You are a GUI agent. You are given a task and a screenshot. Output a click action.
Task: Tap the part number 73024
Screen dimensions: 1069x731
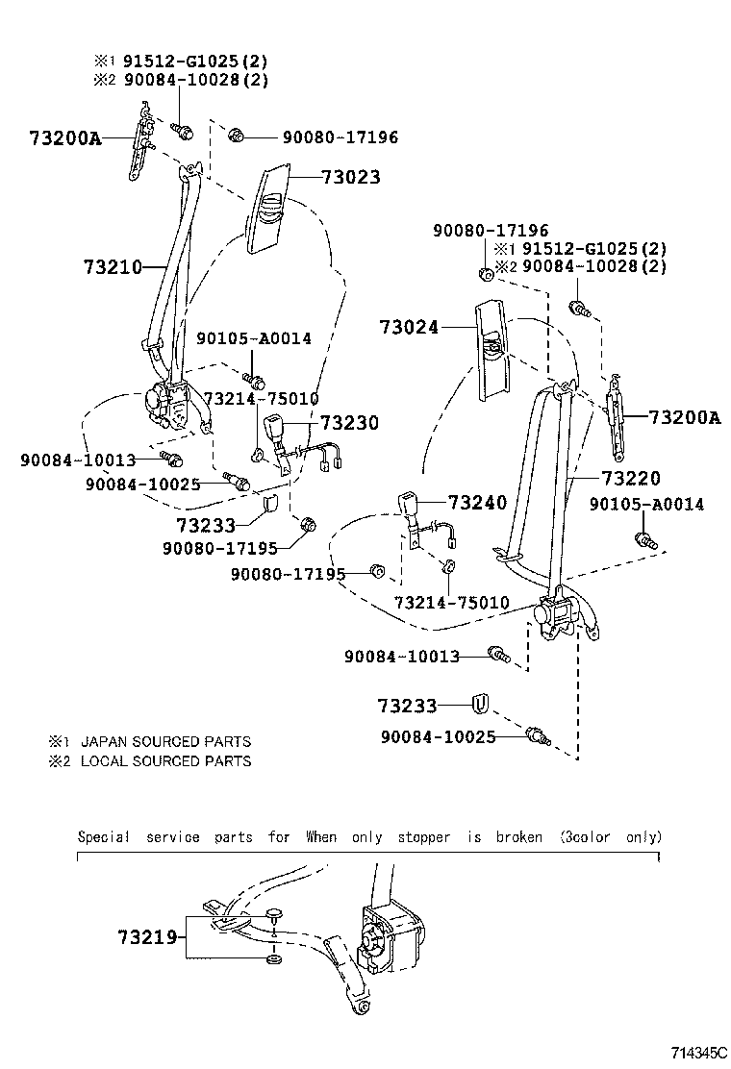[x=408, y=328]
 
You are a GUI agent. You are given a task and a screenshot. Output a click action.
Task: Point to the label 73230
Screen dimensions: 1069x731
[x=349, y=423]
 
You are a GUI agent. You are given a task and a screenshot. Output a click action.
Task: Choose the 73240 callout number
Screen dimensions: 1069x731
[x=477, y=503]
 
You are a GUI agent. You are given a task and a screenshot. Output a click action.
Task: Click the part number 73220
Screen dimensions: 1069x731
[x=632, y=477]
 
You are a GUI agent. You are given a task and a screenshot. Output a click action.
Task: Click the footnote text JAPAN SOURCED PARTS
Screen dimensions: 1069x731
[x=165, y=741]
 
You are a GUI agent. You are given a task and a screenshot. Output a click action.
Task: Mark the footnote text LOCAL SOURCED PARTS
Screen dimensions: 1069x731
[x=165, y=760]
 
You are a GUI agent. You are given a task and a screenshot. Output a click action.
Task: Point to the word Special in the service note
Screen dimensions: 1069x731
[x=103, y=836]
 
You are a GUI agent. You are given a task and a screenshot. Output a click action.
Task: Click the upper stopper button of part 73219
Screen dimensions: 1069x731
[x=274, y=912]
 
